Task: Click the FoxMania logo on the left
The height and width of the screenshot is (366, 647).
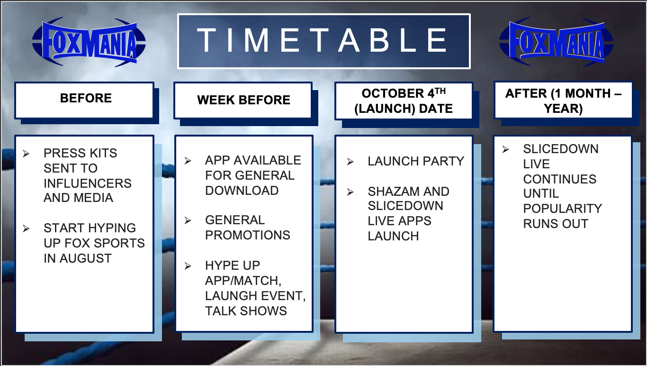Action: click(89, 42)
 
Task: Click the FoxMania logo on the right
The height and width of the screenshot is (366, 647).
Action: click(556, 42)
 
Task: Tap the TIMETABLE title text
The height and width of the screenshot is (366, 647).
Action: click(322, 40)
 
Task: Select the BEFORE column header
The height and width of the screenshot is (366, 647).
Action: click(86, 98)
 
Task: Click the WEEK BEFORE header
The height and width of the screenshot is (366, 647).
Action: click(243, 100)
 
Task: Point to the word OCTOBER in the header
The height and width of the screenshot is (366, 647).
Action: click(393, 93)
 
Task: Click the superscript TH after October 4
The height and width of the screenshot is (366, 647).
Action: click(440, 91)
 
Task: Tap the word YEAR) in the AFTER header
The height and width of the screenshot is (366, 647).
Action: click(563, 109)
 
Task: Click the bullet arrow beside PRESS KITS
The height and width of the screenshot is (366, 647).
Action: click(26, 154)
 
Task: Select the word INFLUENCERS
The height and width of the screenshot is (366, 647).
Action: click(88, 183)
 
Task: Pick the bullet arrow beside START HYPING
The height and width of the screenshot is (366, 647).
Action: click(26, 229)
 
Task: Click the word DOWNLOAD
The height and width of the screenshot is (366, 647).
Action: click(242, 191)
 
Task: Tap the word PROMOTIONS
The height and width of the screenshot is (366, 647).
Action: click(248, 235)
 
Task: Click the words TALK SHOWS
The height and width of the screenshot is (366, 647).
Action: click(246, 311)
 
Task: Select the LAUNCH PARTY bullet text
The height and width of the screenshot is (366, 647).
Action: click(416, 161)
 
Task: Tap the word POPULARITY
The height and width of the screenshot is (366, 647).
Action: click(562, 209)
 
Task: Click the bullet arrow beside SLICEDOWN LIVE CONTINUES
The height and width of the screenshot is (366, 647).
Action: click(505, 149)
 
